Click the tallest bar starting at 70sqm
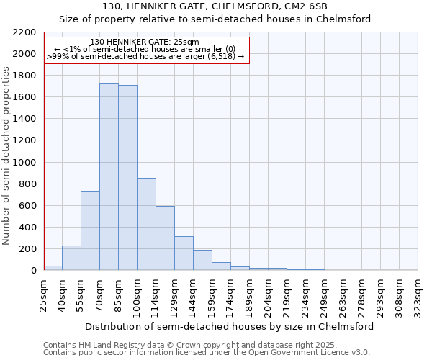pos(109,176)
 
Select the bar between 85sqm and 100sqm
pos(127,178)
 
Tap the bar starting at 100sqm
pos(146,224)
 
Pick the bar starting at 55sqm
pos(90,230)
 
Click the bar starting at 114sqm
pos(165,238)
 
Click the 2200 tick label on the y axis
pos(24,32)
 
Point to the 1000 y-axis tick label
pos(24,163)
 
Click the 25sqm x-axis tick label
pos(43,294)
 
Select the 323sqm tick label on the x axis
pos(418,294)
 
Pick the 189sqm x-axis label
pos(249,294)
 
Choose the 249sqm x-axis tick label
pos(324,294)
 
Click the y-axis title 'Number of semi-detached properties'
pos(7,156)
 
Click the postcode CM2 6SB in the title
pos(305,6)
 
